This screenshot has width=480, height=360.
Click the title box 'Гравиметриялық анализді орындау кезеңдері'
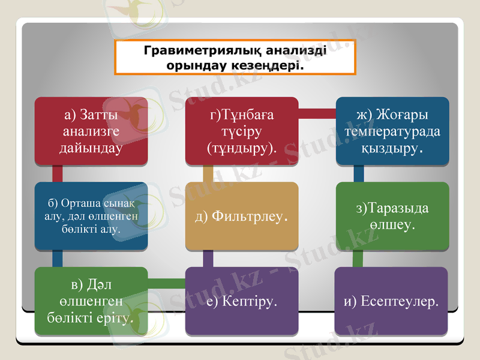point(235,58)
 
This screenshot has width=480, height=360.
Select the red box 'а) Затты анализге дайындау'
point(91,131)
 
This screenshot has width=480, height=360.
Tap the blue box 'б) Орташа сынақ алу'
point(91,216)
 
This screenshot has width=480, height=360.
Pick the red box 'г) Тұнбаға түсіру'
point(242,131)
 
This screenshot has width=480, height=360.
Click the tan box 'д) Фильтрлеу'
point(242,216)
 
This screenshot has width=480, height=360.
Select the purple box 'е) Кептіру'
point(242,300)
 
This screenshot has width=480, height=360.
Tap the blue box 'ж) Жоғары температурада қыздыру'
point(392,131)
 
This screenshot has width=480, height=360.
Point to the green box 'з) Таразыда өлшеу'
point(392,216)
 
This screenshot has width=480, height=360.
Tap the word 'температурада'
point(392,131)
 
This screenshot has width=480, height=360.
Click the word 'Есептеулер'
point(400,301)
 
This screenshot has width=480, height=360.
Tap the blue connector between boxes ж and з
point(358,173)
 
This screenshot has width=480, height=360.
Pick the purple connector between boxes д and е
point(208,259)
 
